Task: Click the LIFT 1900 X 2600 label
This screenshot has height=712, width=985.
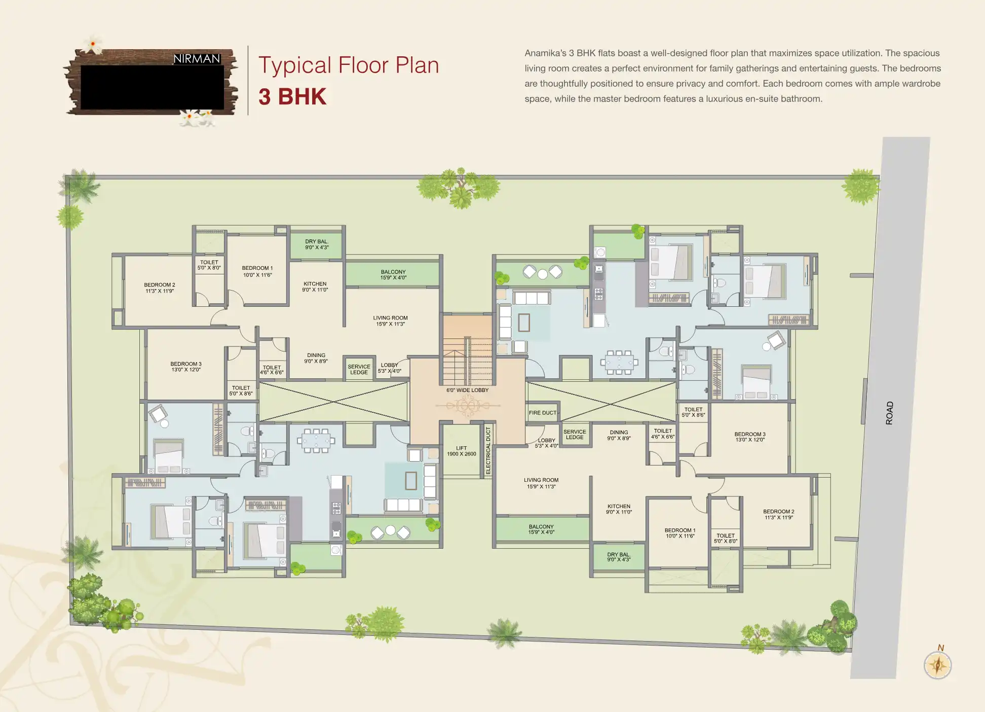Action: (x=461, y=451)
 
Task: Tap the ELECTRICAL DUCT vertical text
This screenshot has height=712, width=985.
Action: (x=488, y=450)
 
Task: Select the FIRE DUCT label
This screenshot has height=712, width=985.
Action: (x=542, y=413)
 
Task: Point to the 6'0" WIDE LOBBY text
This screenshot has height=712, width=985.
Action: (x=467, y=390)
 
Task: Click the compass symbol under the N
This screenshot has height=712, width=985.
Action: (x=937, y=665)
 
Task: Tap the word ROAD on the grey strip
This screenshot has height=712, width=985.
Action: (x=889, y=413)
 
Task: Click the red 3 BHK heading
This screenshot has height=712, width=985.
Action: (x=292, y=97)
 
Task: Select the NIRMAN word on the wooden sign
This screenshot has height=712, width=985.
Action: (x=197, y=59)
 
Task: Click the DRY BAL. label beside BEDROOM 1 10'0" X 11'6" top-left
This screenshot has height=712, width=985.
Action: (x=317, y=244)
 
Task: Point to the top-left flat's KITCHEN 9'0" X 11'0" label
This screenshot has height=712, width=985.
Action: (x=315, y=287)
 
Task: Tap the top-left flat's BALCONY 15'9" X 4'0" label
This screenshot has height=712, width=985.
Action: (x=393, y=275)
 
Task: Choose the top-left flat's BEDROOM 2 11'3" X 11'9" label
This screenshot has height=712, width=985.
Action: (x=160, y=288)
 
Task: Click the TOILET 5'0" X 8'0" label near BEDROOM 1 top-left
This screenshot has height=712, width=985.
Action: (x=209, y=265)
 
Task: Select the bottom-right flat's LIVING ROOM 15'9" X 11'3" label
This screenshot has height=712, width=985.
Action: (x=541, y=483)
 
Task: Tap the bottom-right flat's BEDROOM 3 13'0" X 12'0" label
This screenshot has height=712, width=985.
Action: (x=750, y=437)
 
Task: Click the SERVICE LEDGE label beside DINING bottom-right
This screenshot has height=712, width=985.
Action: (x=575, y=434)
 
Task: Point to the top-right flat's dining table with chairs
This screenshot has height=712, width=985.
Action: (x=619, y=362)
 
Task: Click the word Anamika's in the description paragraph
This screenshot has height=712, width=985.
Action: (x=545, y=53)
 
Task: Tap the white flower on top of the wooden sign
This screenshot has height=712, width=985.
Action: (x=93, y=45)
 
